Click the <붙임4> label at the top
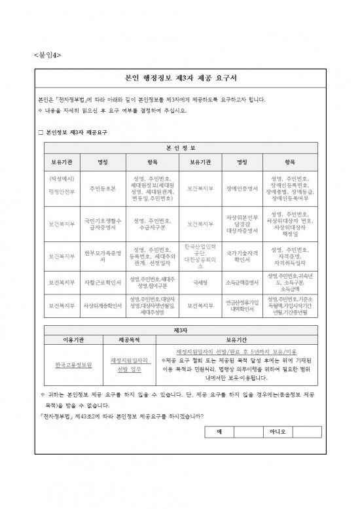pyautogui.click(x=47, y=55)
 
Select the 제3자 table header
pyautogui.click(x=180, y=330)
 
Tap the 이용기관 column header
pyautogui.click(x=71, y=340)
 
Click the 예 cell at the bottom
pyautogui.click(x=220, y=432)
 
